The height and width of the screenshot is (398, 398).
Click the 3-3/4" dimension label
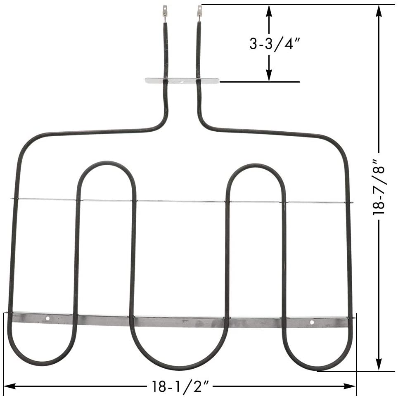point(274,43)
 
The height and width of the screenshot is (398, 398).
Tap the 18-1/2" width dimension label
point(179,387)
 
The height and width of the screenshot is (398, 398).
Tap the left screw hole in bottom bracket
point(48,319)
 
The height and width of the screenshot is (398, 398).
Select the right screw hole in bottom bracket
point(312,322)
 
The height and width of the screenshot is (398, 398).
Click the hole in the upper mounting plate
point(182,81)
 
